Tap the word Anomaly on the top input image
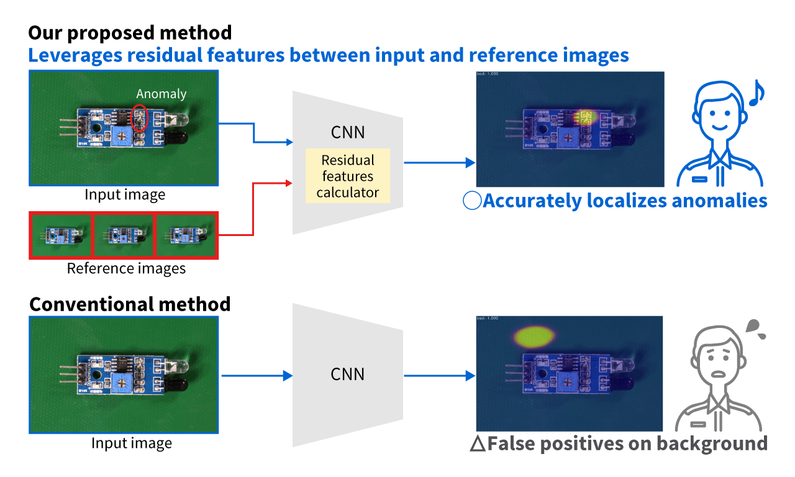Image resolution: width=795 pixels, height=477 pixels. pos(161,94)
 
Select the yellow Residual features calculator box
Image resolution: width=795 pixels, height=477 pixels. pos(347,176)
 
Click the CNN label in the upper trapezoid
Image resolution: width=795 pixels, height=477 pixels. pos(348,132)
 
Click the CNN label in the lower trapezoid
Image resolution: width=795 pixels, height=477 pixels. pos(348,375)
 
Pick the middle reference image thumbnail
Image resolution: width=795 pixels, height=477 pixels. pos(123,235)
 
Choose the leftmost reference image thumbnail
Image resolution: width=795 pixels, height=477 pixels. pos(60,235)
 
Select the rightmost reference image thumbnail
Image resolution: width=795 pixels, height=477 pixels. pos(186,235)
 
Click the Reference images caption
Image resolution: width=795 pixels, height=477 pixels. pos(126,268)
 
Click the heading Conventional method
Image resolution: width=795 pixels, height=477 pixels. pos(130,304)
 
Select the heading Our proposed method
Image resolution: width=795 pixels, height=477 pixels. pos(130,32)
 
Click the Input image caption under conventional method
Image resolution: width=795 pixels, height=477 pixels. pos(131,443)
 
